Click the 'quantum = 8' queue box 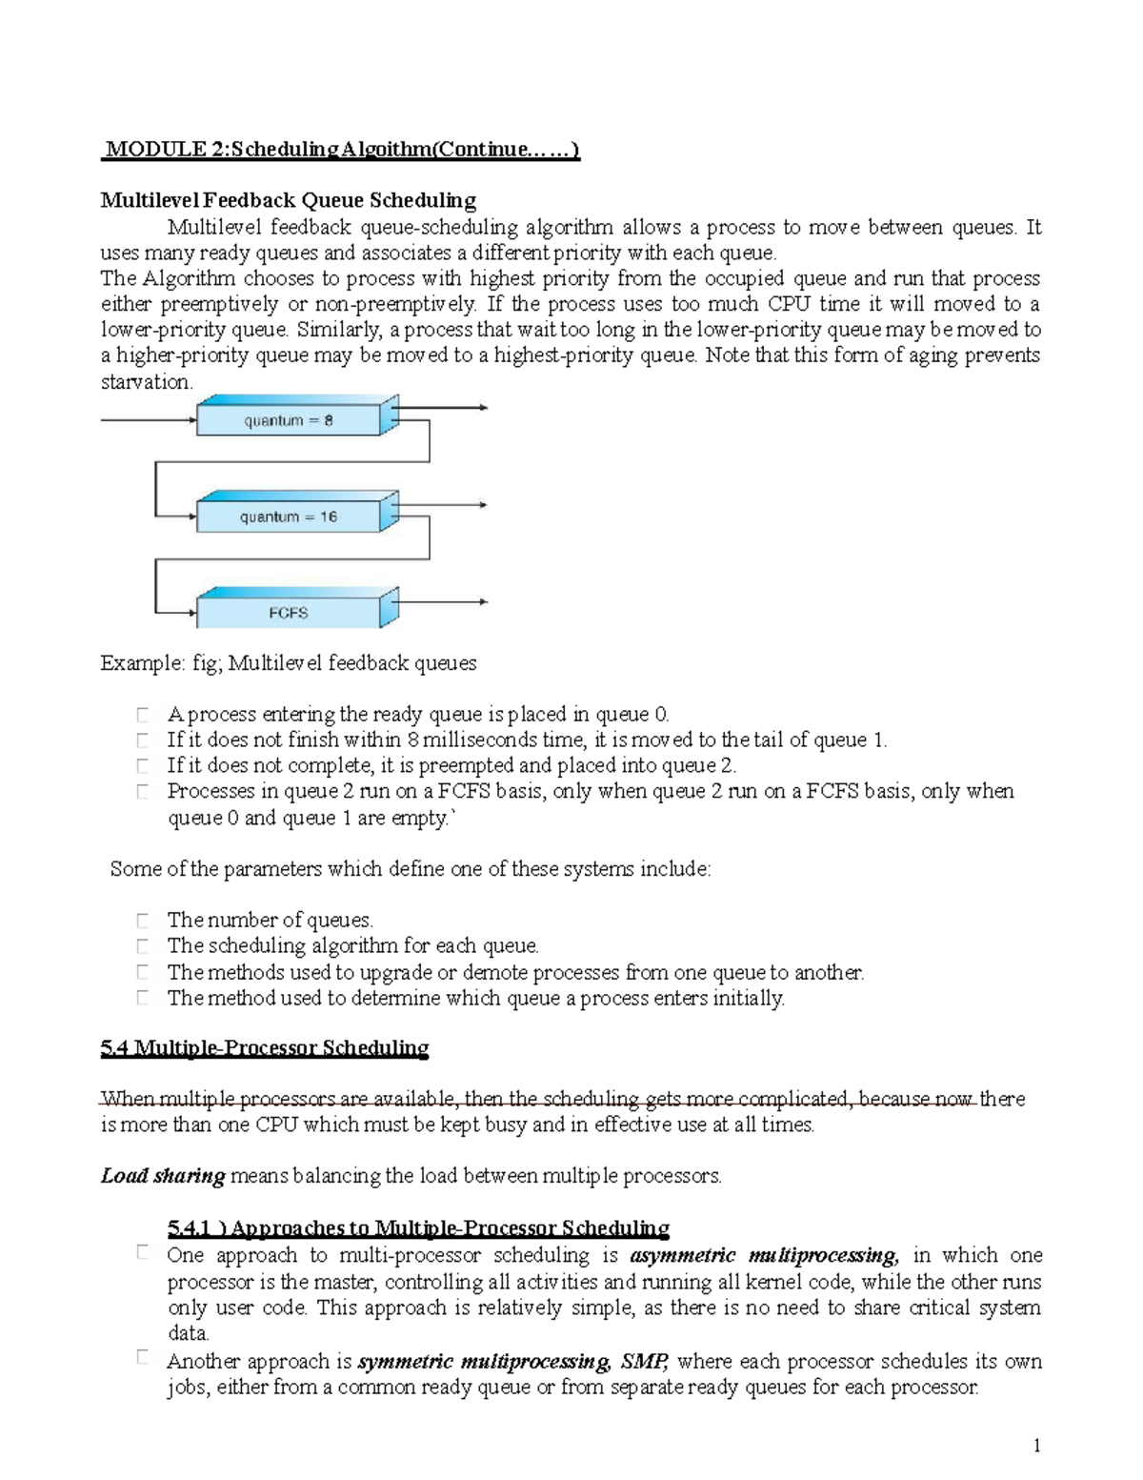[x=288, y=420]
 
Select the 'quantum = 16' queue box [x=288, y=517]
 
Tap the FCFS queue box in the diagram [x=288, y=613]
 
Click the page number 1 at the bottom [x=1036, y=1446]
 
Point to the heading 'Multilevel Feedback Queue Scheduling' [x=288, y=200]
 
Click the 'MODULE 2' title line [x=340, y=149]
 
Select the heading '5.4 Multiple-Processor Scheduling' [x=264, y=1048]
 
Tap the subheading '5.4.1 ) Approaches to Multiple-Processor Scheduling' [x=417, y=1227]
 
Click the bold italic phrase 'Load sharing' [x=162, y=1176]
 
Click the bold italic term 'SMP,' [x=645, y=1361]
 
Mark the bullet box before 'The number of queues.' [x=142, y=920]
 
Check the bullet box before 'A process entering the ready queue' [x=142, y=714]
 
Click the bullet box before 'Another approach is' [x=142, y=1358]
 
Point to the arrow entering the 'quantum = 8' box [x=148, y=420]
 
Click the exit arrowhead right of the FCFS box [x=483, y=601]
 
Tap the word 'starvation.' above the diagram [x=147, y=382]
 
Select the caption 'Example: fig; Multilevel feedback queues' [x=288, y=663]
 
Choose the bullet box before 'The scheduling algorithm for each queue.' [x=142, y=945]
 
